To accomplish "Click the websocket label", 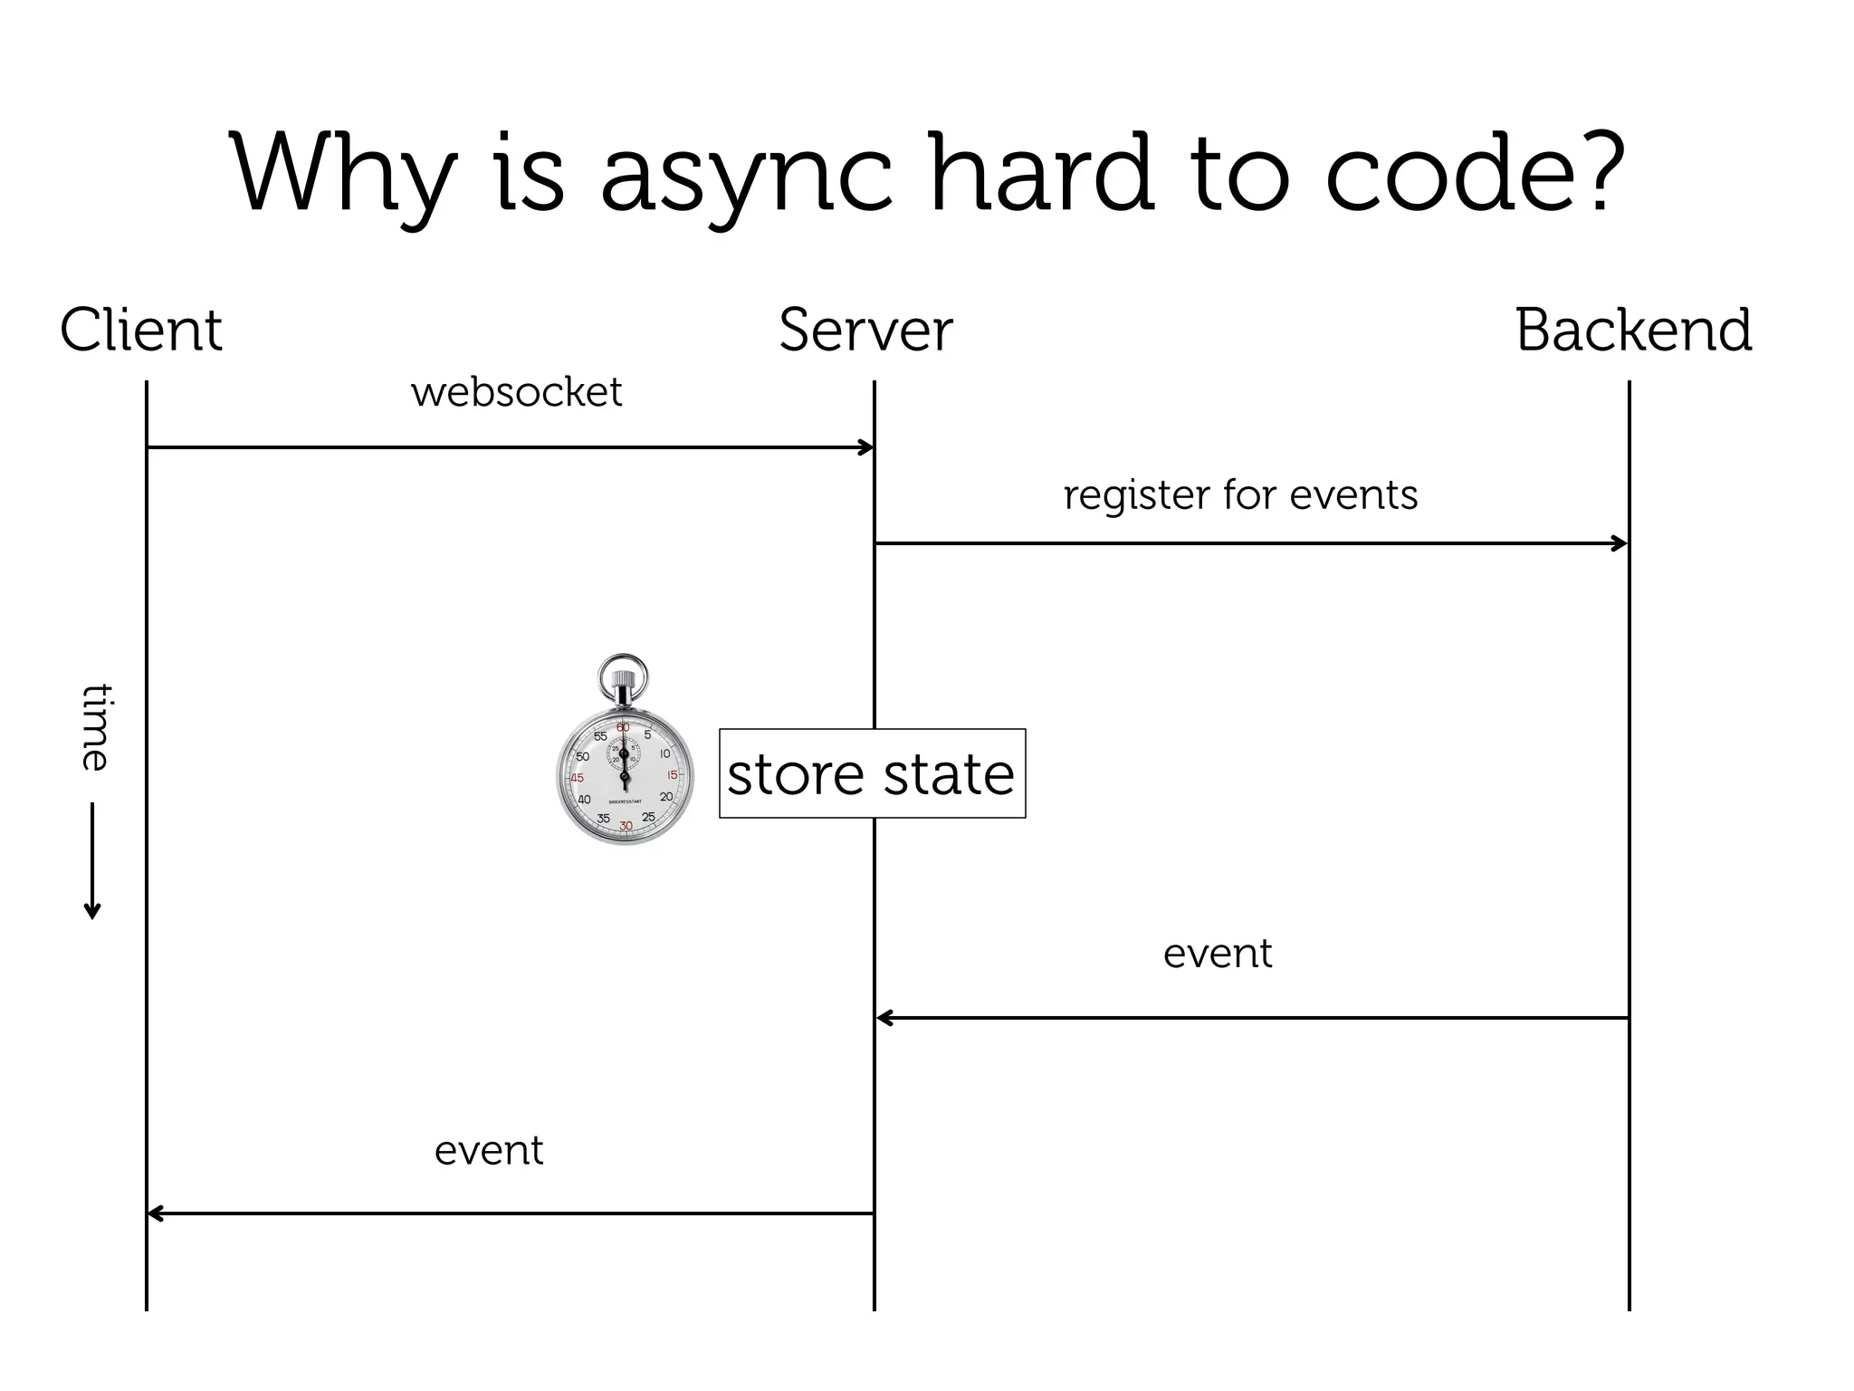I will coord(516,392).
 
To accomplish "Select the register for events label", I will coord(1240,494).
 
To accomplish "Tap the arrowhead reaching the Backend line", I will coord(1621,543).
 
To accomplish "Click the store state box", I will coord(872,773).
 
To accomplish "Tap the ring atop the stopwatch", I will coord(623,675).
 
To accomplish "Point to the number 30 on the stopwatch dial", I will coord(626,826).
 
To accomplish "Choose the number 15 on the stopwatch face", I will coord(672,775).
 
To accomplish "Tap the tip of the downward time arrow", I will coord(92,916).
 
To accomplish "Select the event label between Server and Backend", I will coord(1217,953).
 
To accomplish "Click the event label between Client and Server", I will coord(489,1150).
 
